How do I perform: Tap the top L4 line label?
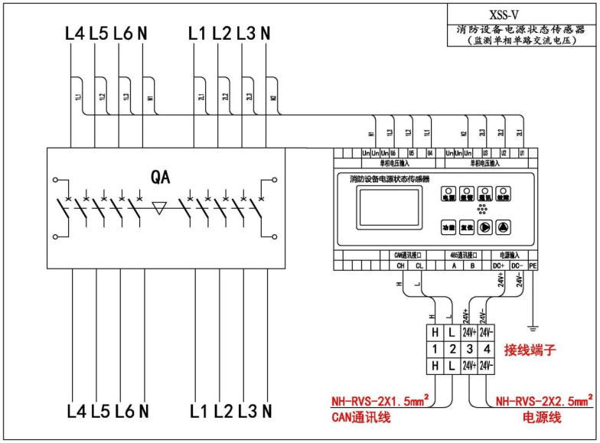(74, 34)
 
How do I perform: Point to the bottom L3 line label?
(246, 412)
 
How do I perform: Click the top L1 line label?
(197, 34)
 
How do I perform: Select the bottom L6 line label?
(122, 412)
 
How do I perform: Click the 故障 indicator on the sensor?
(504, 195)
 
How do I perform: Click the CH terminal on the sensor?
(400, 265)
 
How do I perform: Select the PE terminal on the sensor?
(533, 265)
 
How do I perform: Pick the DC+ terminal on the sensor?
(498, 265)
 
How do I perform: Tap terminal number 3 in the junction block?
(471, 349)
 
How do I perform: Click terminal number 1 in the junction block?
(435, 349)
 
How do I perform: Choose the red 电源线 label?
(542, 418)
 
